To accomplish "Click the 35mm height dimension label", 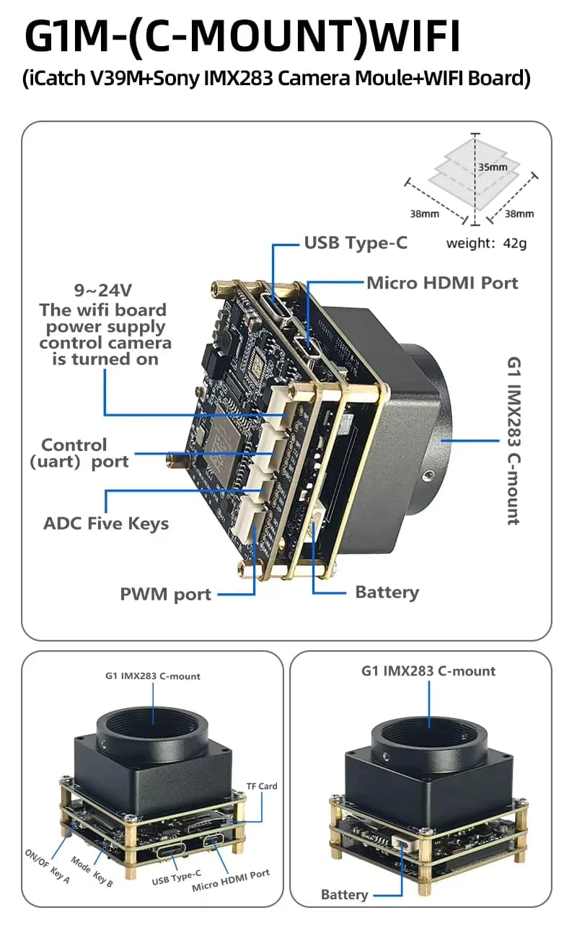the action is pyautogui.click(x=493, y=167).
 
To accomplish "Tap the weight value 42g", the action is pyautogui.click(x=514, y=243).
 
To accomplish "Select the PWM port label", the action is pyautogui.click(x=165, y=594).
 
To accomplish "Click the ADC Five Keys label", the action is pyautogui.click(x=106, y=523).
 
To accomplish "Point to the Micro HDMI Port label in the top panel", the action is pyautogui.click(x=442, y=283).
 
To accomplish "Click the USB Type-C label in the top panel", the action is pyautogui.click(x=356, y=242).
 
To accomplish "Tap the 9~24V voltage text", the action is pyautogui.click(x=102, y=290).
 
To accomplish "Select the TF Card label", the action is pyautogui.click(x=262, y=786).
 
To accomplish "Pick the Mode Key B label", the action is pyautogui.click(x=92, y=872).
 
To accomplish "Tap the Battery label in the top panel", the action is pyautogui.click(x=387, y=592).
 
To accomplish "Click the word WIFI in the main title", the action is pyautogui.click(x=415, y=35).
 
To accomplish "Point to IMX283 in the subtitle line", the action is pyautogui.click(x=238, y=78).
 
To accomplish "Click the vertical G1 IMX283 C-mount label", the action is pyautogui.click(x=514, y=441).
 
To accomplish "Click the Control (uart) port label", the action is pyautogui.click(x=79, y=453).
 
